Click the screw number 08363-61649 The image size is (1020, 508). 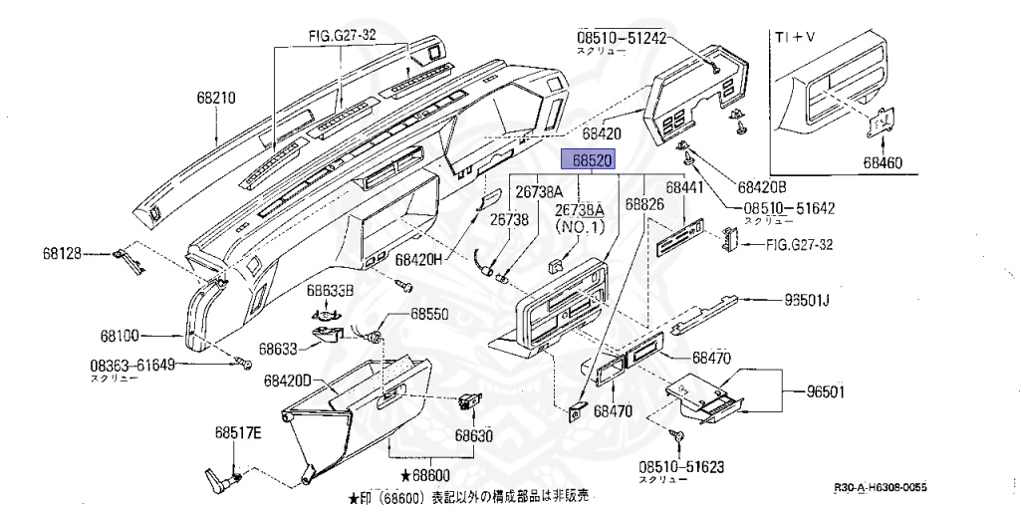point(132,365)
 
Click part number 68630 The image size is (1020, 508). point(474,435)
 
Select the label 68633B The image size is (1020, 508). point(330,291)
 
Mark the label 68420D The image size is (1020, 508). point(288,381)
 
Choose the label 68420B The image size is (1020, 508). point(762,186)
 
